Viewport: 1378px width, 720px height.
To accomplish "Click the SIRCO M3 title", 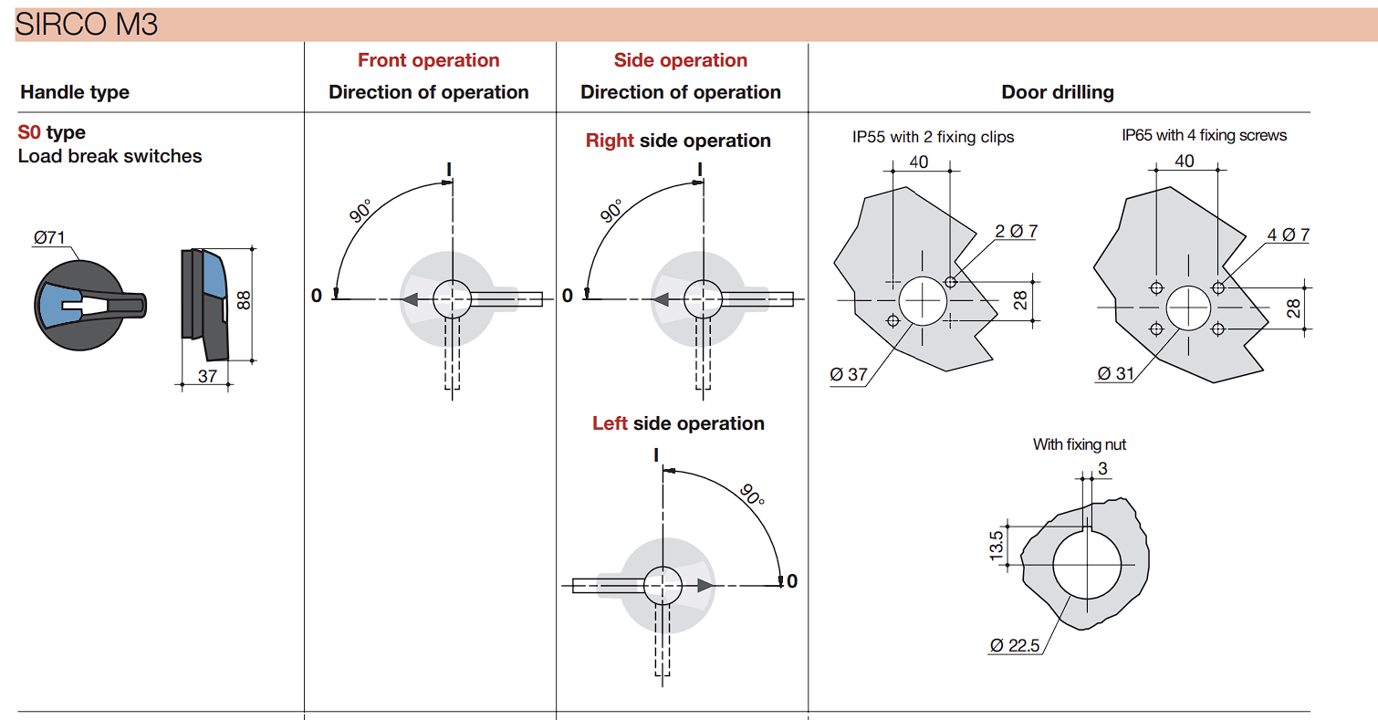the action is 86,25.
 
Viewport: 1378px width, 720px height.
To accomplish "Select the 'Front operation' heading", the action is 428,60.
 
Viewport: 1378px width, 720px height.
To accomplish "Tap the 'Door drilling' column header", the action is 1058,92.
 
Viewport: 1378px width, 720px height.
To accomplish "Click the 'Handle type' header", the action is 75,92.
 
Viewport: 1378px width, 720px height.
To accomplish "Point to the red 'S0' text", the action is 29,132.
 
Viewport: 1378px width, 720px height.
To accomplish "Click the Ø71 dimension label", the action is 49,237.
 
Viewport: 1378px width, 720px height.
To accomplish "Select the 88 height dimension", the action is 245,300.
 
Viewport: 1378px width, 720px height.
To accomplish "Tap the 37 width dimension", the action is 207,376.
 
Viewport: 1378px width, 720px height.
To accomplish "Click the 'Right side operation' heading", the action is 678,141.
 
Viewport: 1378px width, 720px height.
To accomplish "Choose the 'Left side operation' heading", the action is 678,423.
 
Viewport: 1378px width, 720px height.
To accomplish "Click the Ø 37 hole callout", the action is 849,374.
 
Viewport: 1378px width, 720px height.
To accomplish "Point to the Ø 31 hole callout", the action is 1115,373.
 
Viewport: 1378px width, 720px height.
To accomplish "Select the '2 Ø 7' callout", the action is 1017,232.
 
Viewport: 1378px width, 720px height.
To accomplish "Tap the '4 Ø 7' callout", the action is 1289,235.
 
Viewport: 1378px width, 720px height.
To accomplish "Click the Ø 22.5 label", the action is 1015,645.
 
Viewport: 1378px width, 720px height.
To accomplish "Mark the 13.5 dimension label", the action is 997,546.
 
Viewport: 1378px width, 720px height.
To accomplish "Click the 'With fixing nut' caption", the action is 1079,444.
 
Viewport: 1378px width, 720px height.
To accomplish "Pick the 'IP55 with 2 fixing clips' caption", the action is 933,137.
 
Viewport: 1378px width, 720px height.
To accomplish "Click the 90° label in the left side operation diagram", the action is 752,495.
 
